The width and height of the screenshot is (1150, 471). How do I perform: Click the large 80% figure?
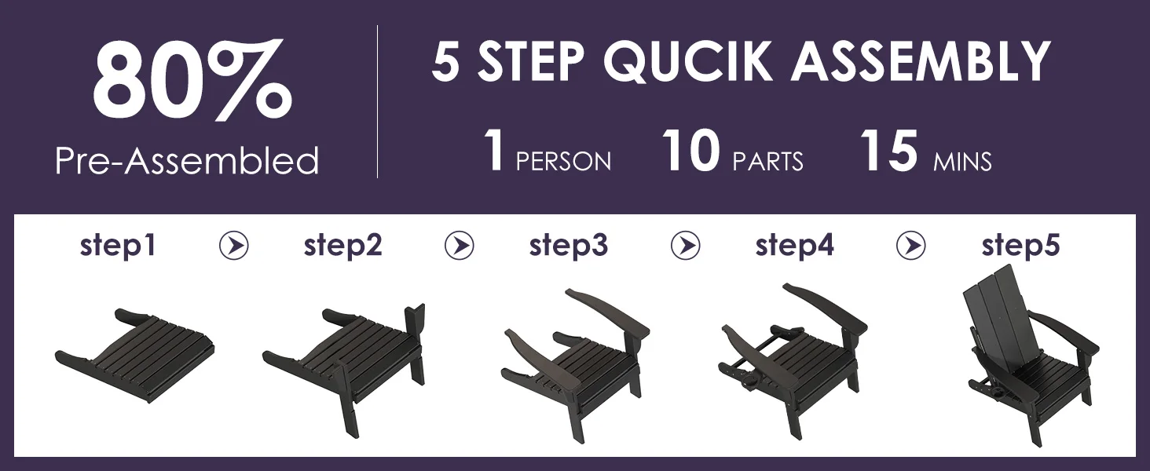pyautogui.click(x=192, y=80)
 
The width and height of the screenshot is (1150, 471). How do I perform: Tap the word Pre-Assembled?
pyautogui.click(x=188, y=161)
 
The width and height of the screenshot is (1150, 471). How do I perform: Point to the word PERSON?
pyautogui.click(x=563, y=162)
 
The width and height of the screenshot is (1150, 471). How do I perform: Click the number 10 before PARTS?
pyautogui.click(x=690, y=150)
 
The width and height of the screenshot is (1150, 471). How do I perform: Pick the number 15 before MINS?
pyautogui.click(x=888, y=150)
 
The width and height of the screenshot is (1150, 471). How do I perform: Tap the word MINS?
pyautogui.click(x=962, y=162)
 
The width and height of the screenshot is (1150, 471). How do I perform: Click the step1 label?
pyautogui.click(x=118, y=246)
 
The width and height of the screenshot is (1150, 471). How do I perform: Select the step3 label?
pyautogui.click(x=569, y=246)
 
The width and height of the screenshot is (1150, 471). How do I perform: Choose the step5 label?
pyautogui.click(x=1020, y=246)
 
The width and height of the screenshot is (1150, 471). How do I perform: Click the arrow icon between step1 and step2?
pyautogui.click(x=234, y=245)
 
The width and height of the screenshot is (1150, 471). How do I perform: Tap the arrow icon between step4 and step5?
pyautogui.click(x=911, y=245)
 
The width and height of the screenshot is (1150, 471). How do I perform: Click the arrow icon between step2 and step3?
pyautogui.click(x=460, y=245)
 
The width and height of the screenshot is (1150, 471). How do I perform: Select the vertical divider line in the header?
pyautogui.click(x=377, y=101)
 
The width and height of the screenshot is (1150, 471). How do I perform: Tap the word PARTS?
pyautogui.click(x=767, y=162)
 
